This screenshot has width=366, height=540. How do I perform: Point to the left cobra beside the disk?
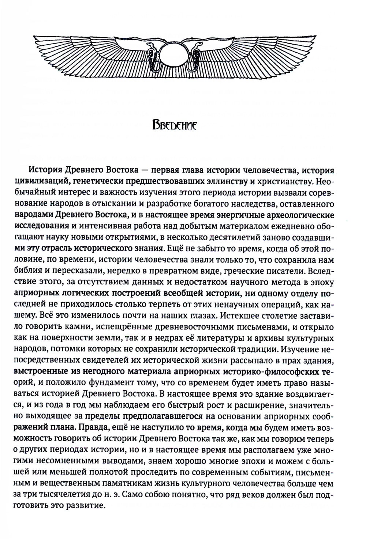[x=151, y=55]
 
